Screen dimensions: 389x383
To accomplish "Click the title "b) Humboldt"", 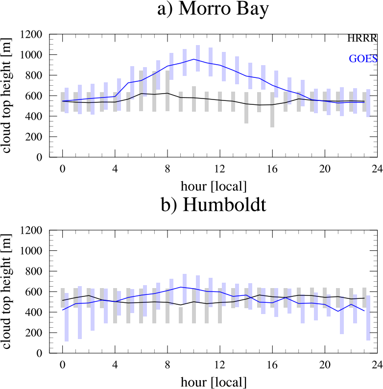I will [x=214, y=205].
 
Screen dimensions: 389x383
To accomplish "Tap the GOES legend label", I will [x=363, y=59].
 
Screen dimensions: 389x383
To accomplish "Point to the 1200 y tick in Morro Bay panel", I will [x=31, y=35].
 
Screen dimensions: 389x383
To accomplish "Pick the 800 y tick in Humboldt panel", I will [x=34, y=271].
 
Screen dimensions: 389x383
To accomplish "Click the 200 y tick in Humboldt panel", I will [x=34, y=333].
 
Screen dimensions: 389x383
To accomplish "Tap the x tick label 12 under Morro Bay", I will [x=219, y=170].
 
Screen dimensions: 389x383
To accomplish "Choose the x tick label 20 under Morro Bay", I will [x=325, y=170].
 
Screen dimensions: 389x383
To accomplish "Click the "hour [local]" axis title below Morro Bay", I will [x=214, y=186].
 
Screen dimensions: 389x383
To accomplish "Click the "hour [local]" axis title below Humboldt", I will [x=214, y=382].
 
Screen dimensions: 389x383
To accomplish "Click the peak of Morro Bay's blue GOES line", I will [x=194, y=59].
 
